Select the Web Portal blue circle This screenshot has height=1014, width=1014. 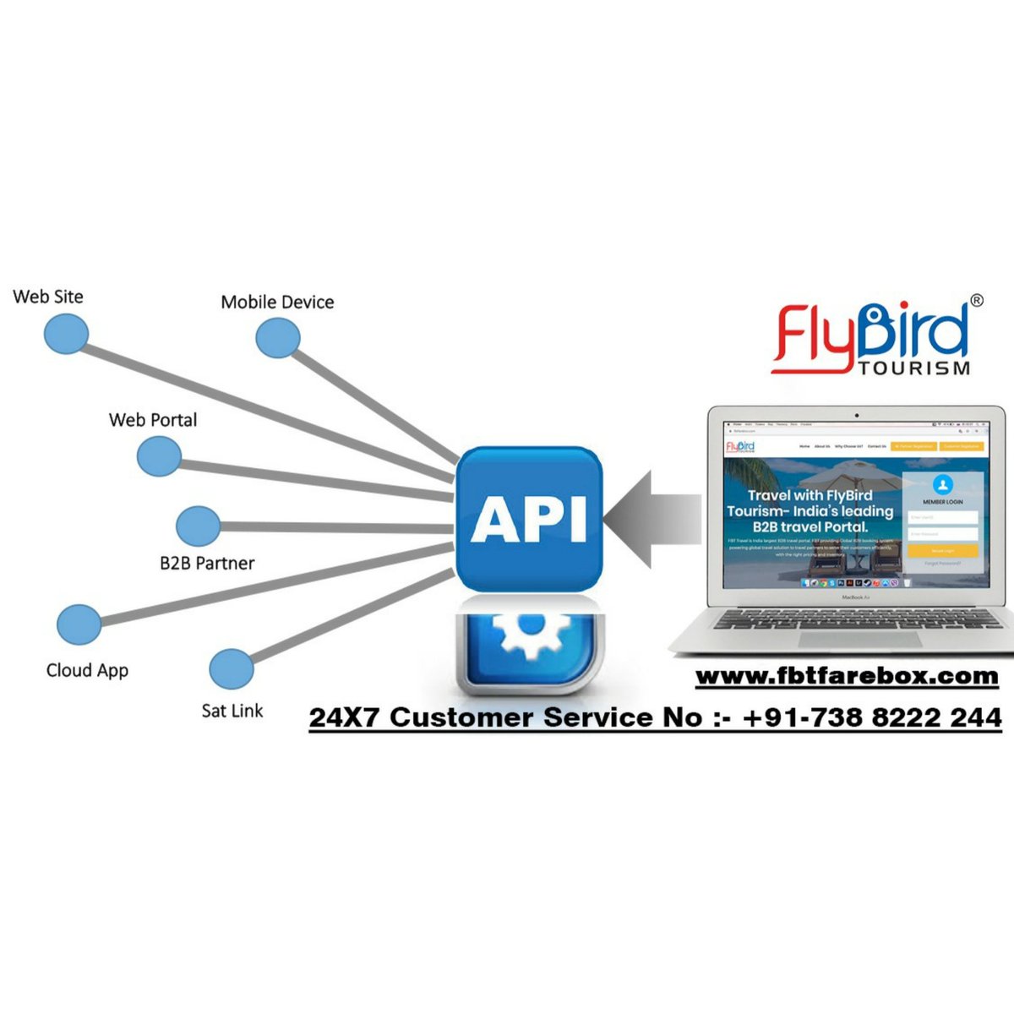(x=159, y=456)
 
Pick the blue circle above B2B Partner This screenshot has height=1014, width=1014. (x=199, y=526)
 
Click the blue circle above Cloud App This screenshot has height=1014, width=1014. (x=79, y=624)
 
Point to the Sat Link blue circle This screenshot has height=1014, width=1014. (x=232, y=669)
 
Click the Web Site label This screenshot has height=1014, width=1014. (x=48, y=297)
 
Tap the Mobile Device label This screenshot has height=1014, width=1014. (x=277, y=303)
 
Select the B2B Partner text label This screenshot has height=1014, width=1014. (x=207, y=564)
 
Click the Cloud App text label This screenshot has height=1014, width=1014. (x=87, y=670)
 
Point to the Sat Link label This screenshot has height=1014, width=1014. (x=232, y=711)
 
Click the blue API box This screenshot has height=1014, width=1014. (x=529, y=518)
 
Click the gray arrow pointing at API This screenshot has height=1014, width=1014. (x=651, y=519)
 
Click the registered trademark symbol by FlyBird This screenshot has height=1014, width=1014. (x=977, y=300)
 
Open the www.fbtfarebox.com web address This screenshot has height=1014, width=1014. (x=847, y=676)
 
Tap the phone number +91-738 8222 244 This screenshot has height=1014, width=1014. (x=872, y=717)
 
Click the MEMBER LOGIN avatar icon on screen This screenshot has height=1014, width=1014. (x=943, y=485)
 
